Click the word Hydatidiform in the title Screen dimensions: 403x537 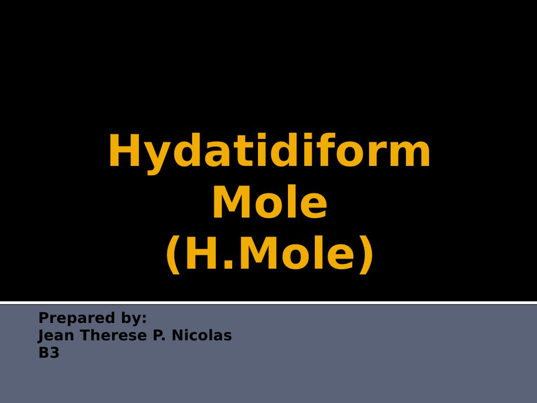pos(269,153)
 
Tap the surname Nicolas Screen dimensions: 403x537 pos(200,336)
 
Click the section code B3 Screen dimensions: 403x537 pos(48,353)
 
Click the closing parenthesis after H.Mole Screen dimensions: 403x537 pos(366,255)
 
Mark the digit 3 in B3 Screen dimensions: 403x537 pos(54,353)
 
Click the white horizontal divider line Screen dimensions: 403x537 pos(268,302)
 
